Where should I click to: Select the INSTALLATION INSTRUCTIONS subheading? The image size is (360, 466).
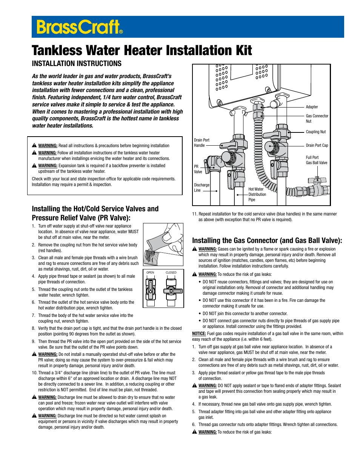[x=77, y=64]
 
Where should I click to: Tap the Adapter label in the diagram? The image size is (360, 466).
[x=312, y=107]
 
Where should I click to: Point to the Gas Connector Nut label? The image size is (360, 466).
[x=317, y=118]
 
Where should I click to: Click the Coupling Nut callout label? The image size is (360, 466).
[x=315, y=132]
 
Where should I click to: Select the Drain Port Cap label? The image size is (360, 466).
[x=317, y=146]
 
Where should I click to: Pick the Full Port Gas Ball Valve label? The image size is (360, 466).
[x=316, y=160]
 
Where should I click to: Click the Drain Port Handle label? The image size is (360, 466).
[x=201, y=143]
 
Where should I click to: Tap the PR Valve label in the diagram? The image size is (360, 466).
[x=198, y=169]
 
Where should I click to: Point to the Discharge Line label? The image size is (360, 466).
[x=201, y=188]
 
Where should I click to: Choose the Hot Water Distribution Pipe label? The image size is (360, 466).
[x=257, y=194]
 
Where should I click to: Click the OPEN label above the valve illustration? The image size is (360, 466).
[x=150, y=272]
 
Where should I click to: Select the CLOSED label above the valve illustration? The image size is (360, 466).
[x=171, y=272]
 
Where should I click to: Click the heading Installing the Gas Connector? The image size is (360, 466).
[x=267, y=241]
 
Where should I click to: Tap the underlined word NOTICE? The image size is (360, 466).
[x=199, y=334]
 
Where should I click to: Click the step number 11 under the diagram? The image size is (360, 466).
[x=195, y=214]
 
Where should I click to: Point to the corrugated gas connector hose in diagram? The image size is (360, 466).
[x=259, y=151]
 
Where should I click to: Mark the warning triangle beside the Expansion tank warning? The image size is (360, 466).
[x=34, y=166]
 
